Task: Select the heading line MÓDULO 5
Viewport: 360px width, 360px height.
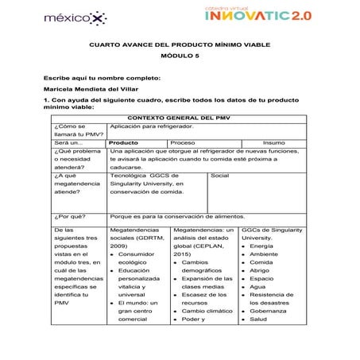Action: (180, 57)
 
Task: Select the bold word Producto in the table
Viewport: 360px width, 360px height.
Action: (124, 142)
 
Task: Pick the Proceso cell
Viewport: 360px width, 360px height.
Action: (184, 142)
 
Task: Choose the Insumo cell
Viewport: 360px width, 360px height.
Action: (285, 142)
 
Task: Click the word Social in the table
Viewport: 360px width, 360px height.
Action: (222, 175)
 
